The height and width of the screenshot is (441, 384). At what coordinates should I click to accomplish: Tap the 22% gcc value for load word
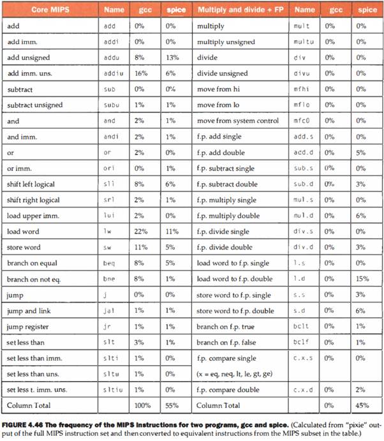[x=140, y=232]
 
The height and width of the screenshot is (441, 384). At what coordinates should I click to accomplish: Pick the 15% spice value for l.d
[x=362, y=279]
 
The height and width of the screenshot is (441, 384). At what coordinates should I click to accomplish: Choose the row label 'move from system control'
[x=238, y=121]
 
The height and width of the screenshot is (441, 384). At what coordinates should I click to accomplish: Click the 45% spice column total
[x=362, y=405]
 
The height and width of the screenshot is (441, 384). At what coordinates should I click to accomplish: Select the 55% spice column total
[x=170, y=405]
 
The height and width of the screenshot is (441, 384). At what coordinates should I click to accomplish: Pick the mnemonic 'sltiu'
[x=112, y=389]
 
